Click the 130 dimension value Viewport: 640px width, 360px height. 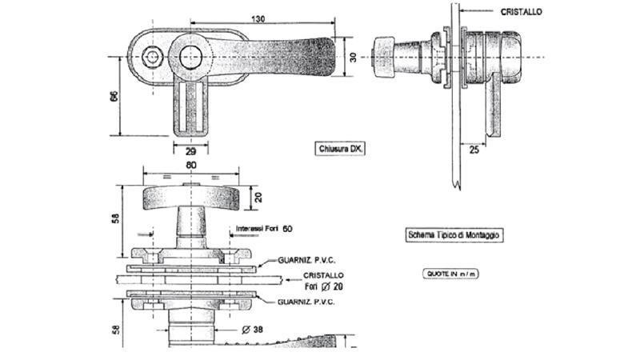click(258, 18)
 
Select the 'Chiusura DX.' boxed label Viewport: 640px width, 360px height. click(339, 149)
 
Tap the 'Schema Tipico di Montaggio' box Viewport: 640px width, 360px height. click(454, 235)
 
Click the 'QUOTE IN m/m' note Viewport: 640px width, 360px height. click(450, 274)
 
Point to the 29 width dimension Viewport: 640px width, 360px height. click(190, 152)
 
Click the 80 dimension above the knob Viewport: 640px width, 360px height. click(191, 166)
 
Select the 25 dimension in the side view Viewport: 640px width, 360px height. click(474, 150)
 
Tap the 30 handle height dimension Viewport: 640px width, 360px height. click(353, 57)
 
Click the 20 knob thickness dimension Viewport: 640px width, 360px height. click(258, 198)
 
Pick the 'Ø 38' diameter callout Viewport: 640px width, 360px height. click(252, 330)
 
